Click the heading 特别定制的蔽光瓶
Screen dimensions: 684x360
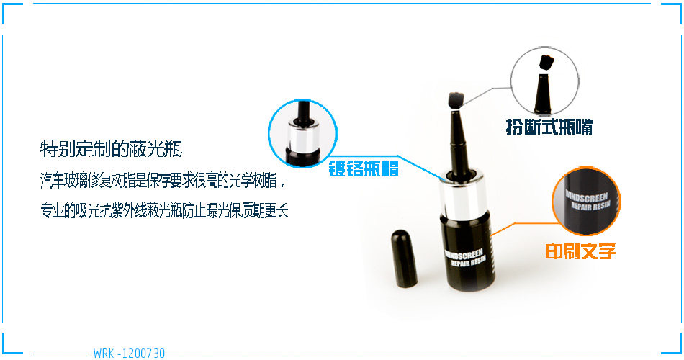(111, 149)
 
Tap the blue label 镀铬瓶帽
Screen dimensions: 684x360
(364, 168)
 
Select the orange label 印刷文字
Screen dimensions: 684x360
(580, 251)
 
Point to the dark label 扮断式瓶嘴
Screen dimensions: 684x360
(549, 127)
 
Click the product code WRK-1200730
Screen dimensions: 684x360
(129, 353)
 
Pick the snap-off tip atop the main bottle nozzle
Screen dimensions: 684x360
(456, 101)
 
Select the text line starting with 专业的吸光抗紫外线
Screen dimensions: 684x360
(164, 210)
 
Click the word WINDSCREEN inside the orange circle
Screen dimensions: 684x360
(586, 196)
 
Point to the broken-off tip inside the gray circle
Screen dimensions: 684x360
(546, 63)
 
